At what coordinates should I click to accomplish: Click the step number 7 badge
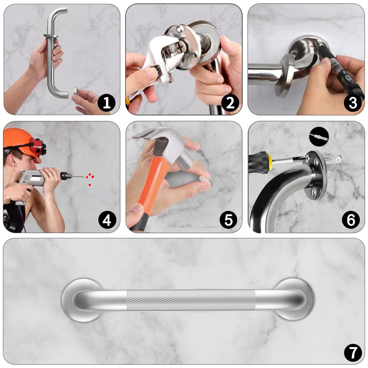pos(353,353)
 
